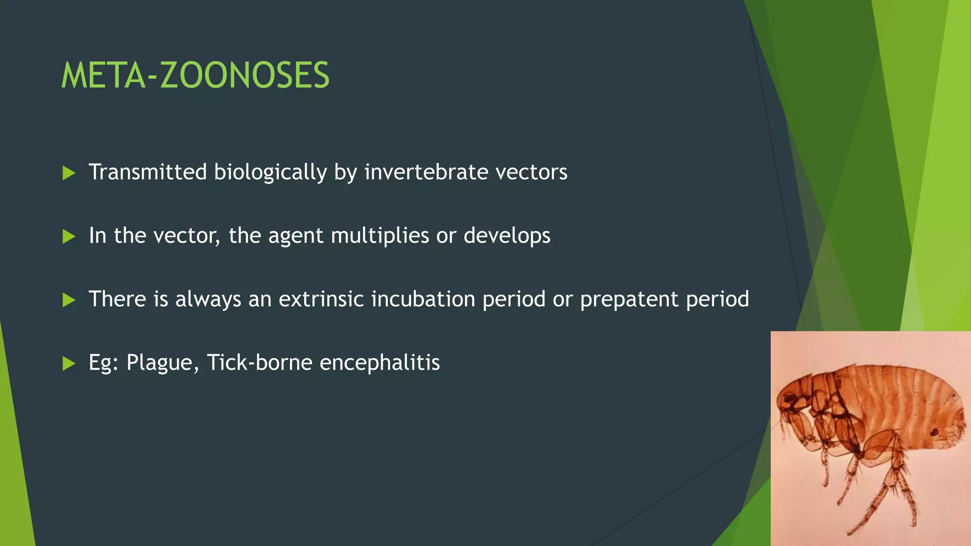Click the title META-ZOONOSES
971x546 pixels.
point(195,76)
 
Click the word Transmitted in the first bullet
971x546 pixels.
point(147,172)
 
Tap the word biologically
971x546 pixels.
point(270,172)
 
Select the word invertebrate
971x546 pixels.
point(426,172)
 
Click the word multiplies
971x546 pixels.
point(380,236)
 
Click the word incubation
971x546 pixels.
point(423,299)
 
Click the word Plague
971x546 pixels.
point(159,363)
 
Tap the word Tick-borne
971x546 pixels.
point(259,363)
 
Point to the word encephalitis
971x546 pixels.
point(380,363)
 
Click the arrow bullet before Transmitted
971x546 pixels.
point(69,173)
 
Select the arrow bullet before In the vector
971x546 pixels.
point(69,237)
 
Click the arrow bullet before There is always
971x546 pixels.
point(69,300)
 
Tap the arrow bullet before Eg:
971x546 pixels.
point(69,364)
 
